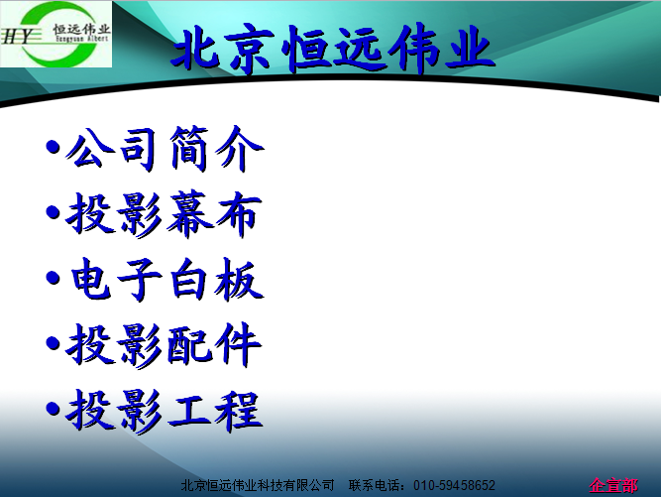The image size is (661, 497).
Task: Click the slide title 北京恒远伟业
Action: coord(333,50)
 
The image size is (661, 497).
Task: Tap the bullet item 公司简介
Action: coord(165,149)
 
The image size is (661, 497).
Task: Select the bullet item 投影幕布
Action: coord(164,214)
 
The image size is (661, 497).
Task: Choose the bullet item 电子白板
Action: coord(166,280)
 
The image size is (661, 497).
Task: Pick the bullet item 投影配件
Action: coord(164,344)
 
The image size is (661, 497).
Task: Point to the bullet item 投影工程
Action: coord(164,411)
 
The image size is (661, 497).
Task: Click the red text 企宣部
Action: coord(613,486)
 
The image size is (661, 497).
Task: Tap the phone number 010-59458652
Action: coord(454,486)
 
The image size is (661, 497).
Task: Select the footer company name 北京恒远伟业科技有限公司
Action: coord(258,486)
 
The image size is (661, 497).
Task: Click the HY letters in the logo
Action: coord(16,37)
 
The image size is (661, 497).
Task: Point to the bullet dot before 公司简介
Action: coord(54,148)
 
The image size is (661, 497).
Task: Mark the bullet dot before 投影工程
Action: coord(54,409)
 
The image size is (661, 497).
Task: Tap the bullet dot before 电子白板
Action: coord(54,278)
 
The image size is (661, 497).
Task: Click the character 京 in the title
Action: coord(251,50)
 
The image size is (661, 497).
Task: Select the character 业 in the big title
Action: coord(469,48)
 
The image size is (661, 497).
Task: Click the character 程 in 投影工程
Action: coord(238,412)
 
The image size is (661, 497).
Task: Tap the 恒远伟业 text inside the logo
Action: coord(81,29)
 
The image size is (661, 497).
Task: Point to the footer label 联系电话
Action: coord(375,486)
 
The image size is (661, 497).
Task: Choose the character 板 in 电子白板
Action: coord(239,280)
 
